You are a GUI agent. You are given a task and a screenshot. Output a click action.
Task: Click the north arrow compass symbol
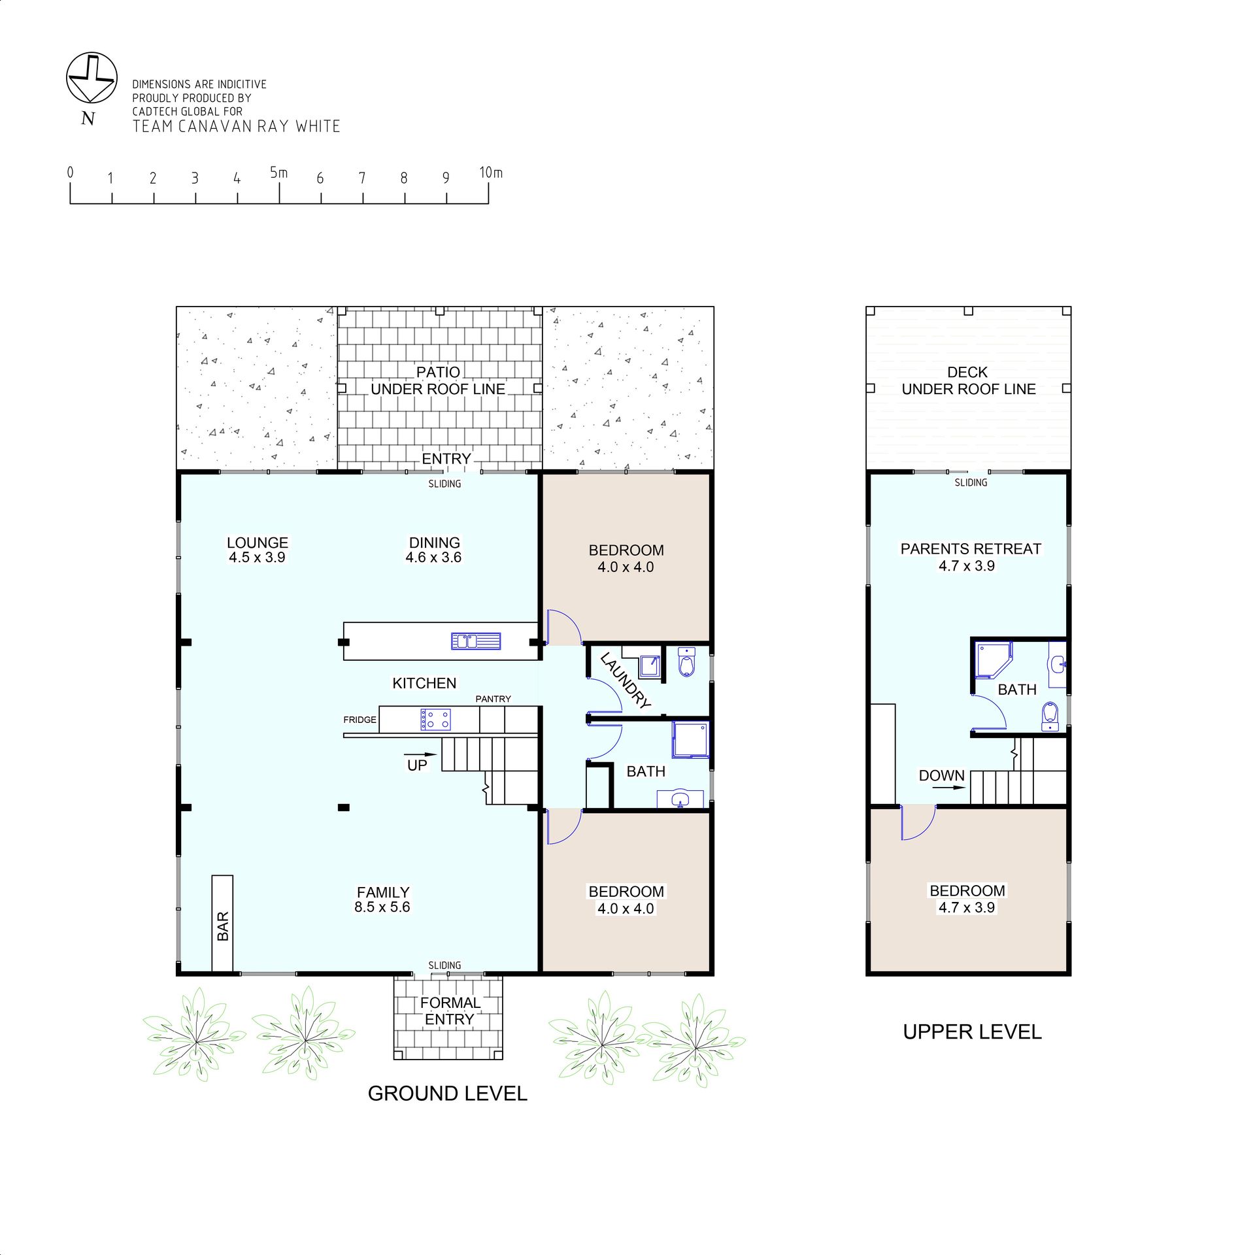92,78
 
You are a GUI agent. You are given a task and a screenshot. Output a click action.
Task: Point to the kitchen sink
476,641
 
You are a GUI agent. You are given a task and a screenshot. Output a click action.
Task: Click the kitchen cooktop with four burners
435,720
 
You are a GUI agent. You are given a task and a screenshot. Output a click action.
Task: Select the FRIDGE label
360,720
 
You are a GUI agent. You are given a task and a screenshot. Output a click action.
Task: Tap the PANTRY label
493,699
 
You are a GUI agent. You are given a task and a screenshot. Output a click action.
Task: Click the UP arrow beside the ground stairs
420,756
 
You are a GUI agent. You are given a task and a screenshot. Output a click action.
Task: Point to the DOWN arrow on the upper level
948,788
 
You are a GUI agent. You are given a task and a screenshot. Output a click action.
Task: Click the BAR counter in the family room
222,924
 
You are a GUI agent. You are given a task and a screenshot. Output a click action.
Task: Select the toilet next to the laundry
686,661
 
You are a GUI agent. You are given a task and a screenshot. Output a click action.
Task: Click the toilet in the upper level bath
1050,717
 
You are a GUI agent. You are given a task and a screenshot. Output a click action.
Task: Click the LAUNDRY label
626,680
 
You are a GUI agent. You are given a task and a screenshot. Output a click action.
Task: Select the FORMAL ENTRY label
450,1011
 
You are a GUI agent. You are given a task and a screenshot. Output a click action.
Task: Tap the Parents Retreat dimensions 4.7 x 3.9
967,566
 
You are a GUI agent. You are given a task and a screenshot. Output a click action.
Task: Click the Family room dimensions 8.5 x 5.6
382,907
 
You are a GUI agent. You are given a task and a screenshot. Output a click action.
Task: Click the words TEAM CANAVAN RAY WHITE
237,126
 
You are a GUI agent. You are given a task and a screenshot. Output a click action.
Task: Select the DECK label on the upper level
967,372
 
